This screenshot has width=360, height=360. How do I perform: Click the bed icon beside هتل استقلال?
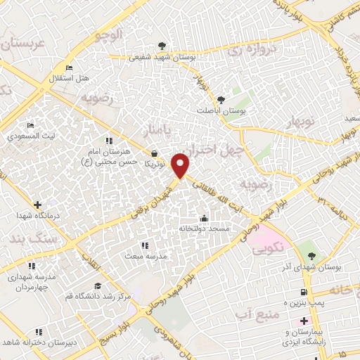coord(68,67)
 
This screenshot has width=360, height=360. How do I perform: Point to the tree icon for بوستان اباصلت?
coord(221,101)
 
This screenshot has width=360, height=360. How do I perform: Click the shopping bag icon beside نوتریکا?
coord(155,153)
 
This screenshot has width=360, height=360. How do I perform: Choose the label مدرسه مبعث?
coord(146,256)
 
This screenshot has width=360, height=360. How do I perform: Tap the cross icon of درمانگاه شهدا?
coord(37,205)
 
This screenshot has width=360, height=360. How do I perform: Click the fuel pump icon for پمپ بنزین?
coord(303,292)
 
